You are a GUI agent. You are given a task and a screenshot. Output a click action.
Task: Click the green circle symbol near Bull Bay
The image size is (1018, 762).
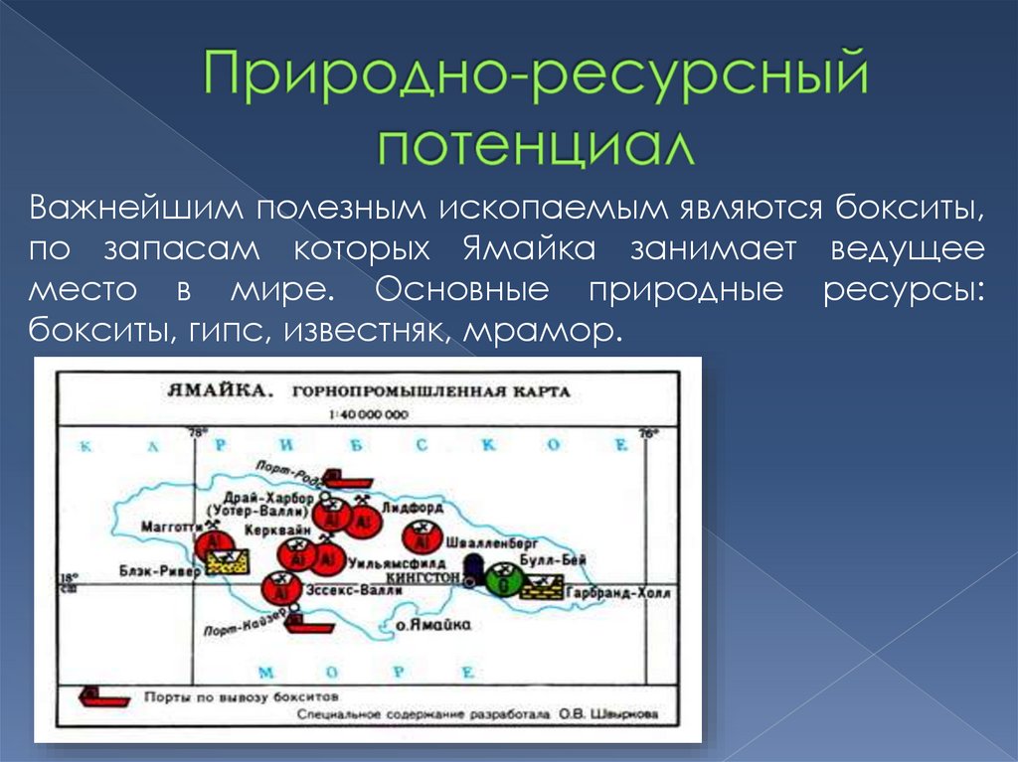pos(505,578)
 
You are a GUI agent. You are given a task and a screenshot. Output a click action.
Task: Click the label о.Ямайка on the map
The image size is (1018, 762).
pos(432,626)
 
